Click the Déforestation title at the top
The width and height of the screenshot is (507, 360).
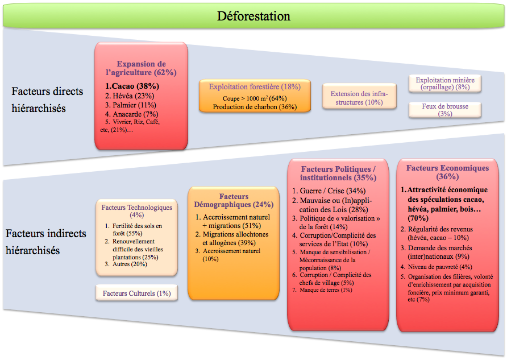(253, 15)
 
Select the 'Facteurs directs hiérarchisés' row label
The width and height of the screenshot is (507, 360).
(47, 100)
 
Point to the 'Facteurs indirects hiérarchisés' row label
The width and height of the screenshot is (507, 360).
(46, 242)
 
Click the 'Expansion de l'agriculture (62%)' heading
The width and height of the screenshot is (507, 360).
(141, 68)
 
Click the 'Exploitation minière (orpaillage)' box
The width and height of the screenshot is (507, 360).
(445, 84)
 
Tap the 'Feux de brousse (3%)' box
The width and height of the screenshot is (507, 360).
(445, 110)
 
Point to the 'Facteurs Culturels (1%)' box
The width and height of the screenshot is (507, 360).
(136, 293)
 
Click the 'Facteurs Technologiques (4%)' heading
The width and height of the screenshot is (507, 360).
(136, 211)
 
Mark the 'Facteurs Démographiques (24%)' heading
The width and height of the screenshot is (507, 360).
(234, 200)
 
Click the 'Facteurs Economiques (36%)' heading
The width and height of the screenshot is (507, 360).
(447, 172)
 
